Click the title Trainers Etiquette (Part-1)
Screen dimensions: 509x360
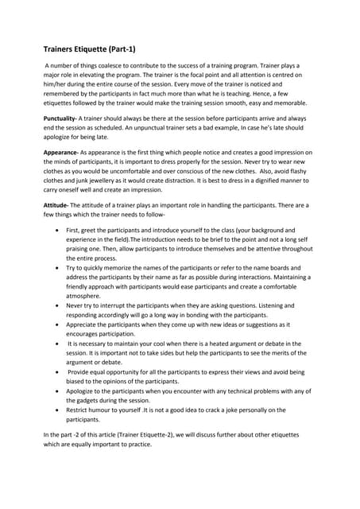coord(89,49)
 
